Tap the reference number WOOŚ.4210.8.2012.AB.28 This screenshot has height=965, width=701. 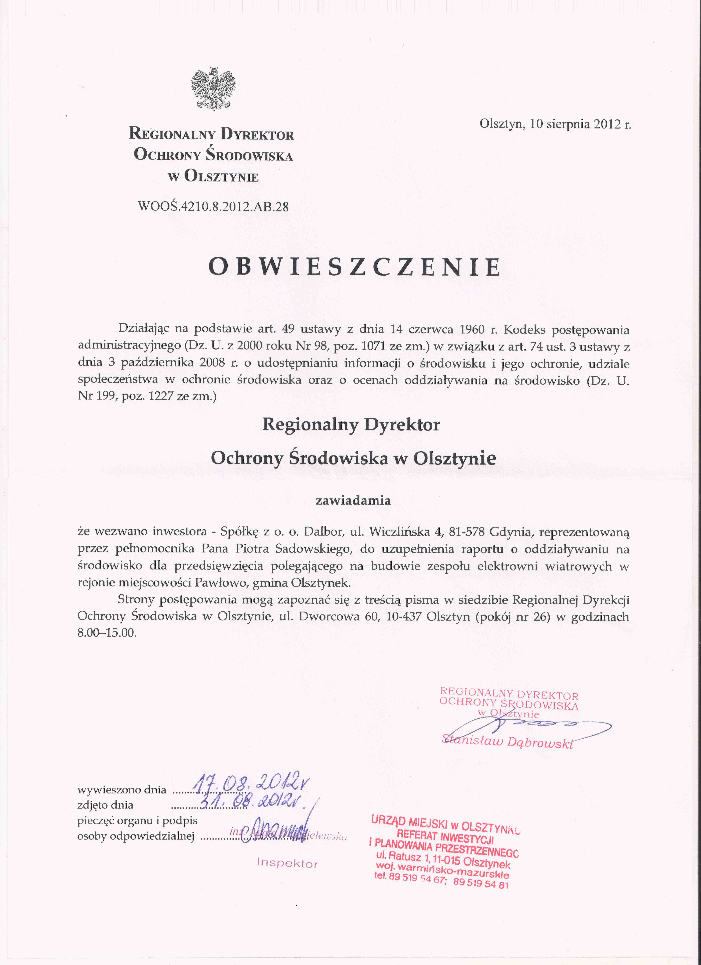pos(213,207)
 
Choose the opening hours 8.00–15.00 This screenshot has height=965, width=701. pos(107,633)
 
